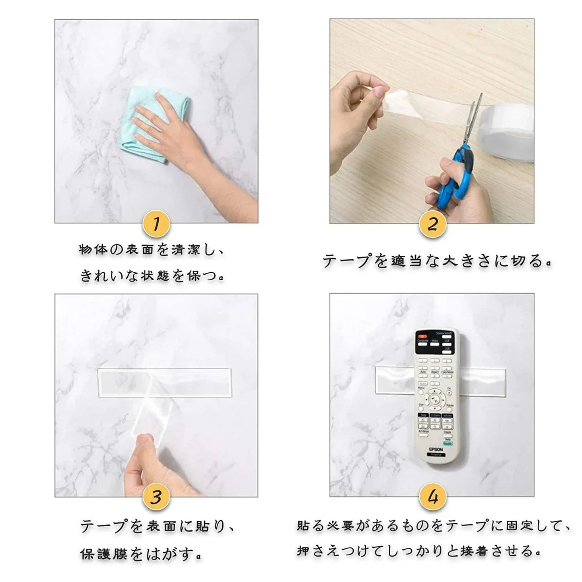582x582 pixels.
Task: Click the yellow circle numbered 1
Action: coord(156,224)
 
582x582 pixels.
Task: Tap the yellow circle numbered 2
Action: coord(432,224)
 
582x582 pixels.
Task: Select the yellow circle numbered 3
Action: coord(156,498)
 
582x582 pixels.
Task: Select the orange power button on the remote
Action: coord(422,335)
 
